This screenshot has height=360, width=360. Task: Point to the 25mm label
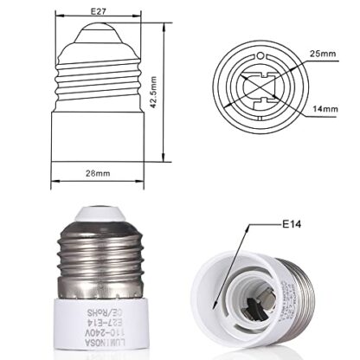click(323, 55)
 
